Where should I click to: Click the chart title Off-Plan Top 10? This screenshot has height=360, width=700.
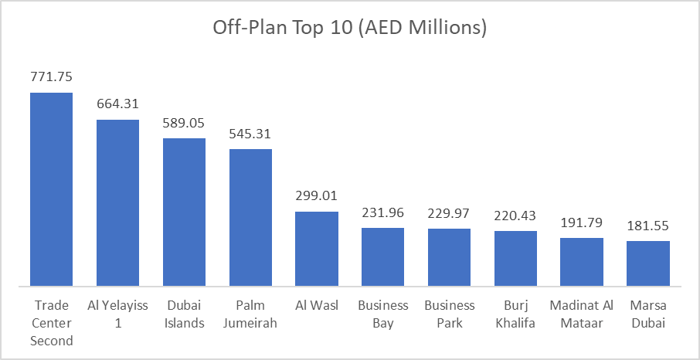[x=349, y=29]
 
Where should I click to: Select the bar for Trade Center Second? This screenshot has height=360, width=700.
[x=52, y=189]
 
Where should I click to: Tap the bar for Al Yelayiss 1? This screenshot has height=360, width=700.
[x=118, y=203]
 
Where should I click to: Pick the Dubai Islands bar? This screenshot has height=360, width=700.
[x=184, y=212]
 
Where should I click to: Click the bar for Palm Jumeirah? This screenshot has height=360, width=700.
[x=250, y=218]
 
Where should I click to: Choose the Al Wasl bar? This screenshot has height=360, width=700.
[x=317, y=249]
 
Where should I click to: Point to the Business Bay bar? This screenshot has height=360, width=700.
[x=383, y=257]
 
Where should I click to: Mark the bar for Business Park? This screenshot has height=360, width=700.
[x=450, y=257]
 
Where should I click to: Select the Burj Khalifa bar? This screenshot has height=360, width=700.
[x=515, y=259]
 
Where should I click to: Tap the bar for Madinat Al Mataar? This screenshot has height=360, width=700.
[x=582, y=262]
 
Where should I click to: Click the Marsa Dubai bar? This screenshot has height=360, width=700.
[x=648, y=263]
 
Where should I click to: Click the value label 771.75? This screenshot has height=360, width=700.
[x=52, y=77]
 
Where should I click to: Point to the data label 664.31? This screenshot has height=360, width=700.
[x=118, y=104]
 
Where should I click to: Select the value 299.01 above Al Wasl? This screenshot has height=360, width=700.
[x=317, y=196]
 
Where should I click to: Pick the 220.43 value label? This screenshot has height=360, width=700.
[x=515, y=216]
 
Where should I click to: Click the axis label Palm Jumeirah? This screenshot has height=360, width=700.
[x=250, y=314]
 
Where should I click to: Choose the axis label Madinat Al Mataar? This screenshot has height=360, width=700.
[x=582, y=314]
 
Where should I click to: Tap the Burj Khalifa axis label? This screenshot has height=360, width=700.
[x=515, y=314]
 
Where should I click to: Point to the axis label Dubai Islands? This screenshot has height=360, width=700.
[x=184, y=314]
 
